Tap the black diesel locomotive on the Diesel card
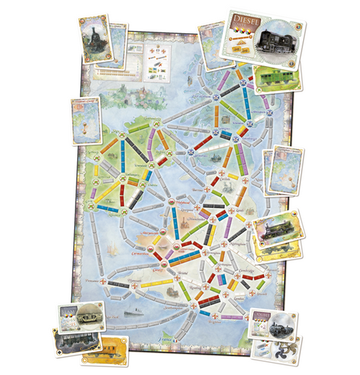(277, 40)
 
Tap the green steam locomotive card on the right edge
(277, 229)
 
